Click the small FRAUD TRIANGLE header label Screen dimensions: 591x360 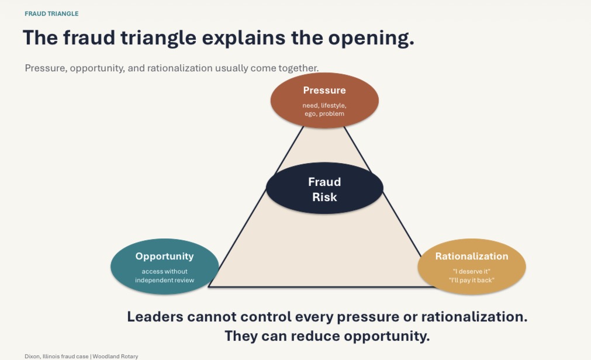click(51, 13)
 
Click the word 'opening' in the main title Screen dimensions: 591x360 click(371, 38)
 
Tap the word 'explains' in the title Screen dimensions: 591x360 click(244, 38)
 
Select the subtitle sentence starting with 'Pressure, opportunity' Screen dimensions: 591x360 click(171, 68)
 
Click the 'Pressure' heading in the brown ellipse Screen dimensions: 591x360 click(324, 90)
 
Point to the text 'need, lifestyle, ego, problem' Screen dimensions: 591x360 click(324, 109)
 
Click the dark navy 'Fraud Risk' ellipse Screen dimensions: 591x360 click(324, 188)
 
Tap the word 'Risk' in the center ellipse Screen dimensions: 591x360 click(324, 197)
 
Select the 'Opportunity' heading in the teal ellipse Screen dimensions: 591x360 click(165, 257)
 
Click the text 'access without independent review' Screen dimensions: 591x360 click(165, 276)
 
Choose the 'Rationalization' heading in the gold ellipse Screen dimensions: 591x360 click(472, 257)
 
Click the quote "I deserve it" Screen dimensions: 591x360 click(472, 271)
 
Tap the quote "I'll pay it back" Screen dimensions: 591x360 click(472, 280)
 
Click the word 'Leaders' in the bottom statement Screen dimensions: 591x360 click(155, 317)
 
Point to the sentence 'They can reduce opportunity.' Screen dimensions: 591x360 click(327, 336)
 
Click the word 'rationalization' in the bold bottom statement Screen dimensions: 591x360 click(474, 317)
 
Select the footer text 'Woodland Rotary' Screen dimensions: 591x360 click(115, 356)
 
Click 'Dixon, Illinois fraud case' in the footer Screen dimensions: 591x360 click(57, 356)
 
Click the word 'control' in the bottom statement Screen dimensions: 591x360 click(266, 317)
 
